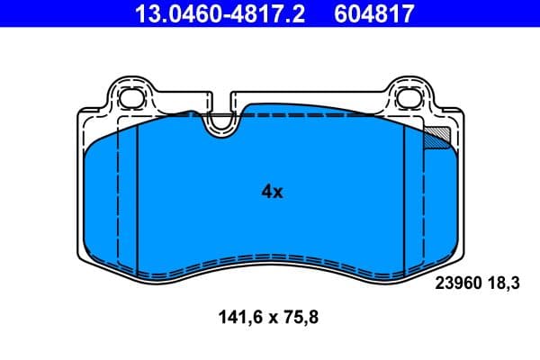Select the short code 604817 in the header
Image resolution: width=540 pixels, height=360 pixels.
click(x=376, y=13)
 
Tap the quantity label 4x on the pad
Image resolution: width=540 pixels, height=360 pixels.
click(x=272, y=192)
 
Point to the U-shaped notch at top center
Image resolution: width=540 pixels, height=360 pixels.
click(x=219, y=126)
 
